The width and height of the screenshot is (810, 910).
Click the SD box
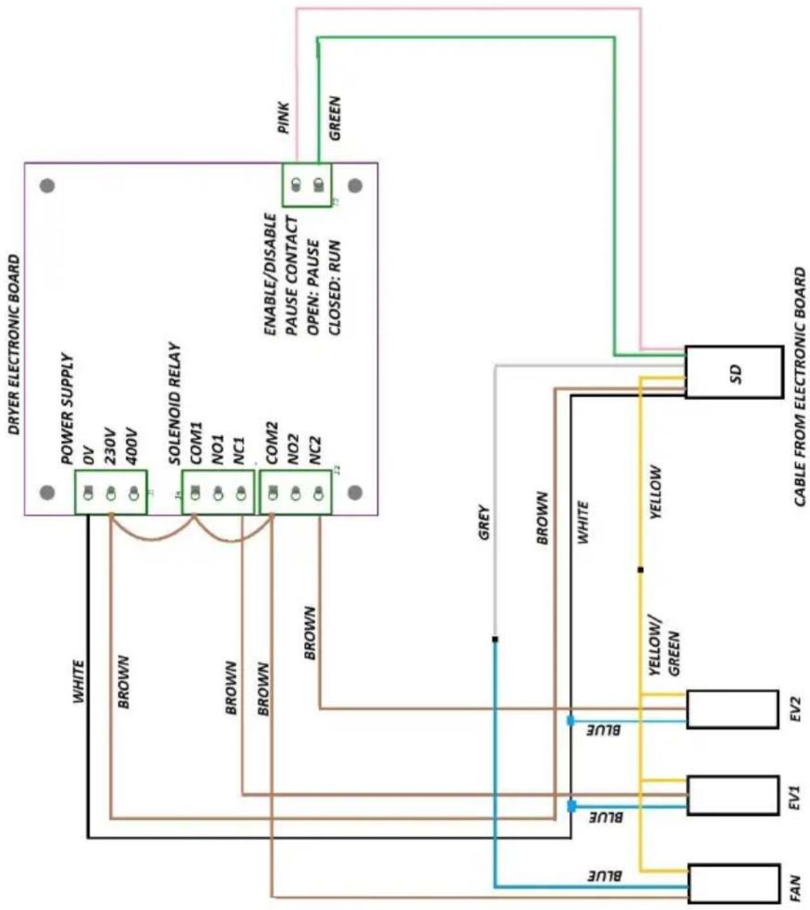click(x=734, y=371)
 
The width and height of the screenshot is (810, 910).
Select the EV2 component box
click(x=732, y=709)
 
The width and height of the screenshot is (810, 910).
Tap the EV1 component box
click(x=732, y=796)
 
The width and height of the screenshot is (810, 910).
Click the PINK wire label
click(x=284, y=118)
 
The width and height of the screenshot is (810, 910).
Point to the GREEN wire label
click(x=335, y=118)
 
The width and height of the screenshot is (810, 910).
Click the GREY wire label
click(x=484, y=522)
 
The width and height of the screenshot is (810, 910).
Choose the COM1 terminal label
click(x=197, y=443)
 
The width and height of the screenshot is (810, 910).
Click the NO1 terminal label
click(x=218, y=449)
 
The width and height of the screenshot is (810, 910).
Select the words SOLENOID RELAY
click(x=174, y=404)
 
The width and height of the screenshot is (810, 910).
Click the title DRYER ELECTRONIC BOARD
click(x=14, y=345)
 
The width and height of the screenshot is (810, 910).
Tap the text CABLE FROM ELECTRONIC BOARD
click(x=799, y=387)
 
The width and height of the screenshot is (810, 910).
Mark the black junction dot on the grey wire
click(x=495, y=639)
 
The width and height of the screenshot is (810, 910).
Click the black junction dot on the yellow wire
click(x=641, y=569)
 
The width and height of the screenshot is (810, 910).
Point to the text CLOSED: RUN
click(x=335, y=288)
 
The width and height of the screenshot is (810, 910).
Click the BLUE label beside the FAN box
click(x=605, y=876)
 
